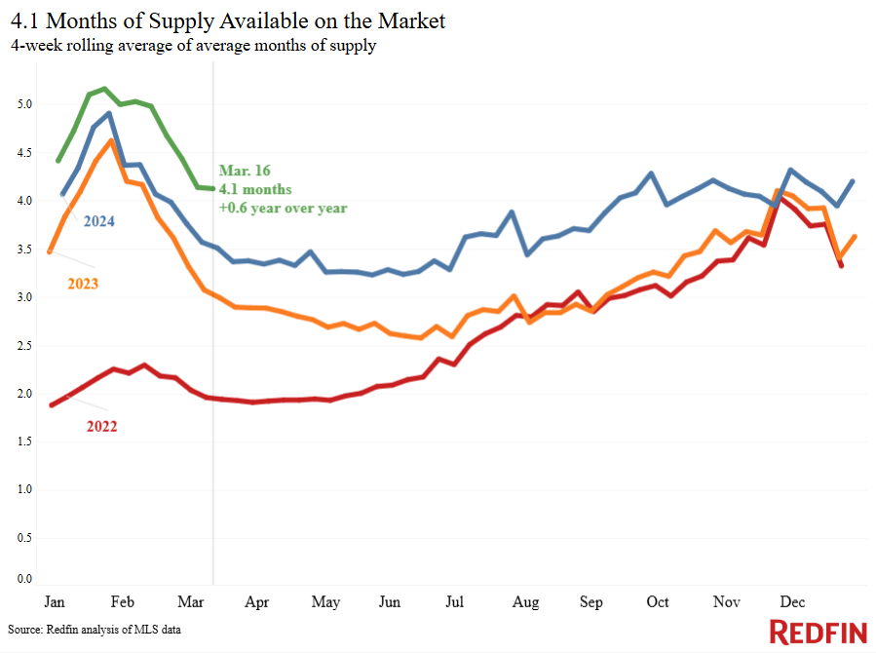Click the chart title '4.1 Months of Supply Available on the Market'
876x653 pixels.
tap(228, 21)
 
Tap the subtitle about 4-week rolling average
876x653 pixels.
tap(193, 45)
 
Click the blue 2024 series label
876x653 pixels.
tap(98, 221)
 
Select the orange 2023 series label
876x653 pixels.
tap(83, 284)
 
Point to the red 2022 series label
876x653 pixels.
tap(101, 427)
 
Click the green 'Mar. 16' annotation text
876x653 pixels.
tap(245, 171)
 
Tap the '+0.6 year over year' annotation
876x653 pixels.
tap(283, 209)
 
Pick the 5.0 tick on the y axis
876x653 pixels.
tap(24, 104)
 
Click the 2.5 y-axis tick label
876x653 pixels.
tap(24, 346)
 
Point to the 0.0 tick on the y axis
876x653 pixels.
tap(24, 579)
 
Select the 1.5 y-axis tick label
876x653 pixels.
tap(24, 442)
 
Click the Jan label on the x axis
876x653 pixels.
tap(55, 601)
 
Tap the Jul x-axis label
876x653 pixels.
tap(454, 601)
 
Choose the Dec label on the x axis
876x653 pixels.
tap(792, 601)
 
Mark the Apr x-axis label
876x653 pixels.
tap(257, 602)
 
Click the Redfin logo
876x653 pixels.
tap(818, 633)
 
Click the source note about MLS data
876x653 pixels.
tap(95, 630)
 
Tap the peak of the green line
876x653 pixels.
tap(104, 89)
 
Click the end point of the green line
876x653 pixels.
tap(212, 188)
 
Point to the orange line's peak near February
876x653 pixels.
tap(112, 140)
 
